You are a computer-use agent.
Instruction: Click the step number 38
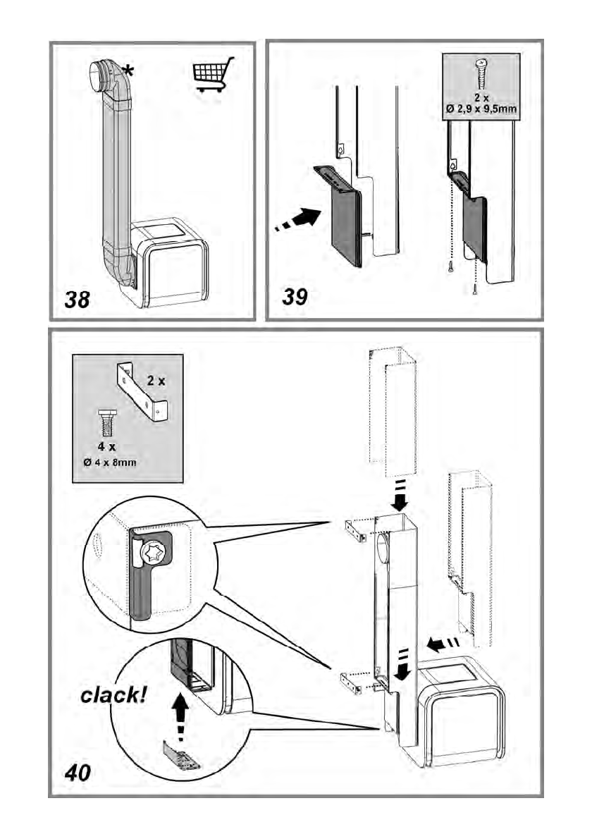(x=77, y=300)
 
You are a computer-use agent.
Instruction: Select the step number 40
(x=77, y=773)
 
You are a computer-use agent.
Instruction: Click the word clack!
(x=113, y=695)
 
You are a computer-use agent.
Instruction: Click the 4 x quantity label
(x=106, y=447)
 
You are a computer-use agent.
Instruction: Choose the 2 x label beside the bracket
(x=156, y=379)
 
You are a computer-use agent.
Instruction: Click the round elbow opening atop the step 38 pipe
(x=98, y=73)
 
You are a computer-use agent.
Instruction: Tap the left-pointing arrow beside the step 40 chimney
(x=441, y=643)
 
